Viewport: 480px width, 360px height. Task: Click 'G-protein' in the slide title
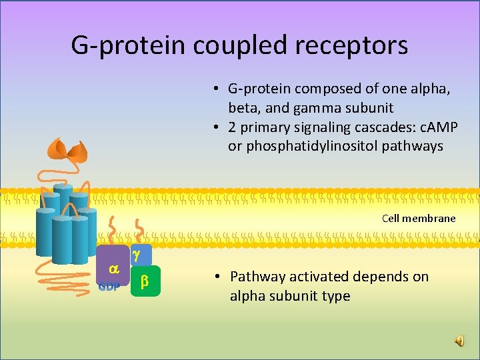(129, 45)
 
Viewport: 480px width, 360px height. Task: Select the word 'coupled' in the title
(236, 45)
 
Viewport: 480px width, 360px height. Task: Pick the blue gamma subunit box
(137, 254)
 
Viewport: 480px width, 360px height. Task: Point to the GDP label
(109, 287)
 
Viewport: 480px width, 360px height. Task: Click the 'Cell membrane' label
(419, 218)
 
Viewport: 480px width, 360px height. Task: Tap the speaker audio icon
(460, 341)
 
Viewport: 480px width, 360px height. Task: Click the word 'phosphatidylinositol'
(289, 146)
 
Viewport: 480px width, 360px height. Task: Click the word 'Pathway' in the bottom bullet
(257, 277)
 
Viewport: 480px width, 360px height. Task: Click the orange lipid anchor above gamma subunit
(140, 230)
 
